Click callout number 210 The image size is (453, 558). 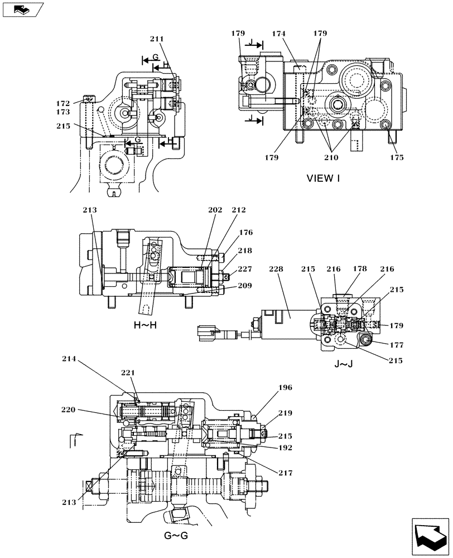[331, 157]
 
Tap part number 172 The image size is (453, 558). [63, 104]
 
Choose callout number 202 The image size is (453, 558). [215, 210]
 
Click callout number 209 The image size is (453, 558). [244, 285]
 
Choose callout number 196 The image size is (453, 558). [285, 387]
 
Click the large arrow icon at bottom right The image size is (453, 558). [430, 537]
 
